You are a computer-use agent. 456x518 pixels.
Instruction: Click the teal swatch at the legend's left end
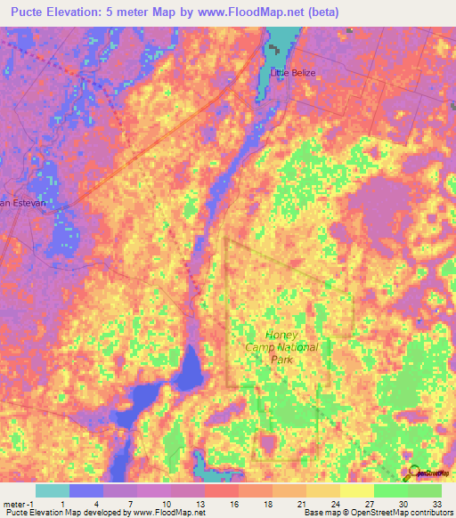pos(53,490)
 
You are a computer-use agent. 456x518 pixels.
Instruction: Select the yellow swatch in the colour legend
pos(356,490)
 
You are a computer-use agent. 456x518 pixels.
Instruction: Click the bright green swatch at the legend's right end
pos(424,490)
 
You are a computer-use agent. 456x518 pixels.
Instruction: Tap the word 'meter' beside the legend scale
pos(13,503)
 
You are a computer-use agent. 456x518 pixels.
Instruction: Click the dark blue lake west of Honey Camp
pos(188,369)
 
